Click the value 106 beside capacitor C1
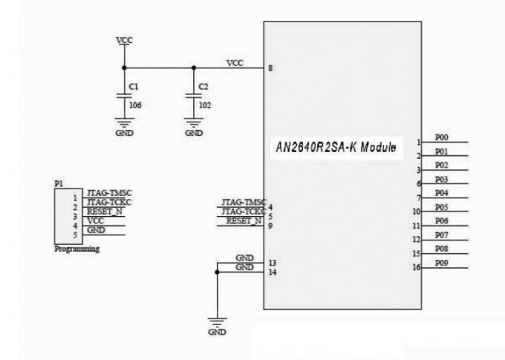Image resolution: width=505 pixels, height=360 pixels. tap(135, 105)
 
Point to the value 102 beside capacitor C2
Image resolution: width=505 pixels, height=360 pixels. tap(206, 105)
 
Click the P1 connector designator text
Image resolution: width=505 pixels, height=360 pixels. tap(59, 183)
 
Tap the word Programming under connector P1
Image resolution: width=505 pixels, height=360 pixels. tap(77, 249)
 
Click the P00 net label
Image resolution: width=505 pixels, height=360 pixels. tap(441, 137)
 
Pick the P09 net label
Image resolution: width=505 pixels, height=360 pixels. tap(441, 263)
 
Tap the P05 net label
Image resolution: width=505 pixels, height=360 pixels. tap(441, 207)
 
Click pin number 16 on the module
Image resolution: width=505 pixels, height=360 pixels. tap(419, 267)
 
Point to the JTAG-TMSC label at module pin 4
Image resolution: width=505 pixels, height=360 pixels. tap(244, 203)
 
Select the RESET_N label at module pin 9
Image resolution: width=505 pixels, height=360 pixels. tap(244, 220)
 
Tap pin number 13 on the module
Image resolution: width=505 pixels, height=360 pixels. tap(273, 262)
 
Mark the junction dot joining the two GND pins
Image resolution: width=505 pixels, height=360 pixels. tap(216, 272)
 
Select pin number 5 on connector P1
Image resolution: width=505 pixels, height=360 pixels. tap(75, 234)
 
